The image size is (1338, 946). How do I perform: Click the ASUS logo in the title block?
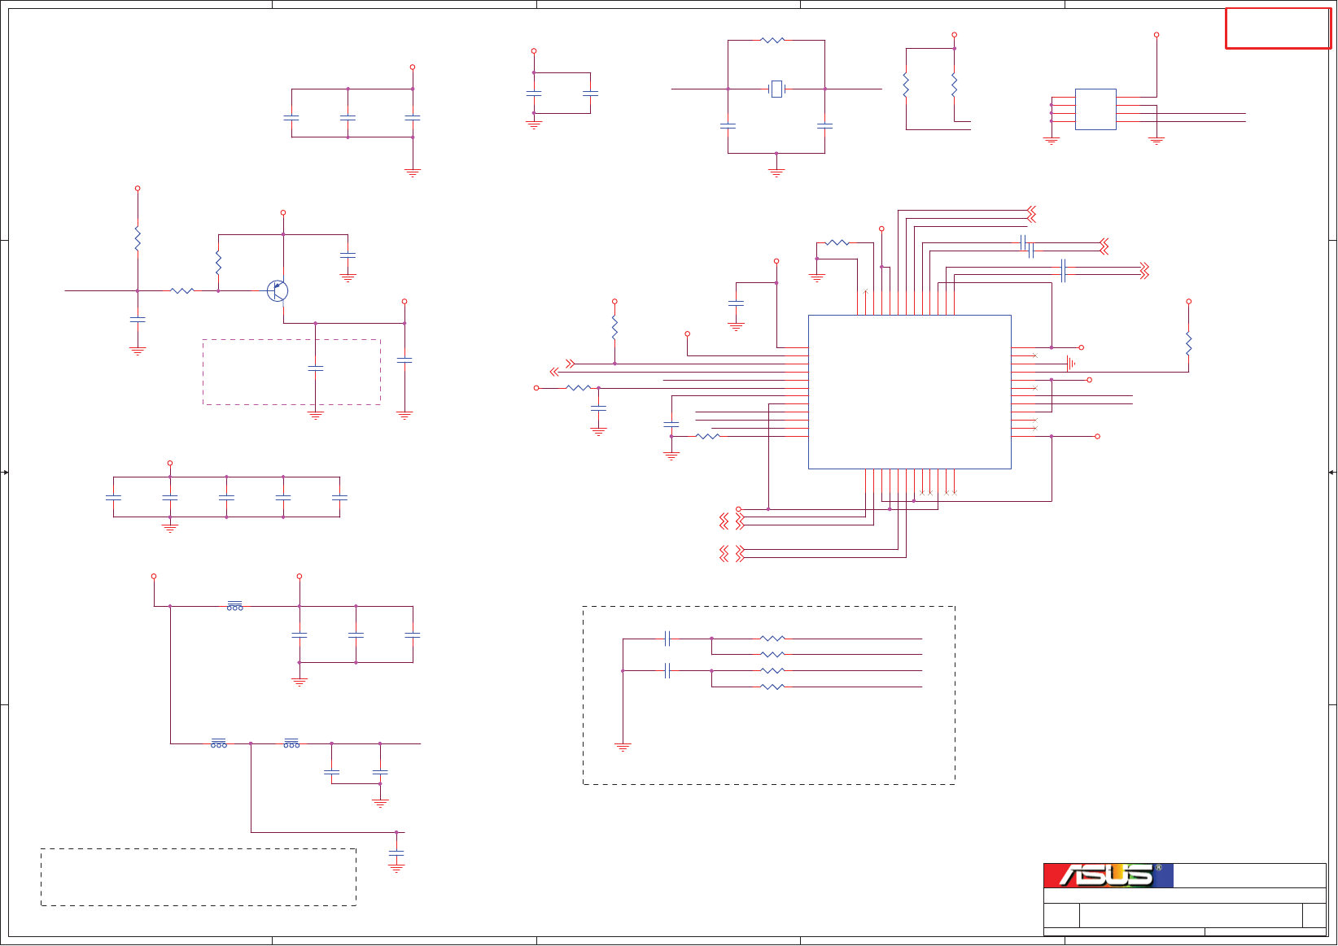point(1107,875)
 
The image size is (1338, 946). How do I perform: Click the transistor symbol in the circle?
point(278,290)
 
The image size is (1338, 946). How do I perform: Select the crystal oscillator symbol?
point(776,89)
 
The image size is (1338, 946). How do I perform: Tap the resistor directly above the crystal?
point(772,40)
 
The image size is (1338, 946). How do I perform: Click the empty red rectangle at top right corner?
point(1278,28)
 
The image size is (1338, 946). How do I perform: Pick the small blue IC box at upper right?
point(1095,109)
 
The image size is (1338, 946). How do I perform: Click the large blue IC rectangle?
point(909,391)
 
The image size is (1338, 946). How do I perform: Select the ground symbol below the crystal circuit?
point(776,172)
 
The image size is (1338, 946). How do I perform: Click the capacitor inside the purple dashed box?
point(316,368)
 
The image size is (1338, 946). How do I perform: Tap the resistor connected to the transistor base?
point(182,290)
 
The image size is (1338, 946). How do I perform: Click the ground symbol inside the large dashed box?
point(623,747)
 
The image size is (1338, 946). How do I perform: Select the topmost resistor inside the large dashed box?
point(772,639)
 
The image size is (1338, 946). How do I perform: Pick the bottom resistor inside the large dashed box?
point(772,687)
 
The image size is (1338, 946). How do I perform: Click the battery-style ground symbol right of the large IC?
point(1071,364)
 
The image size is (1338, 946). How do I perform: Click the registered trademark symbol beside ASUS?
point(1158,868)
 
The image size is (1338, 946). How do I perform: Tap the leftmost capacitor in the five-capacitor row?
point(113,497)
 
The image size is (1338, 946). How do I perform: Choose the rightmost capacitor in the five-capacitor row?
point(339,497)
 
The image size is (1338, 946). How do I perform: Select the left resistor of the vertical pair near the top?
point(906,85)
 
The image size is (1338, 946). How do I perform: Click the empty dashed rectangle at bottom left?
point(199,877)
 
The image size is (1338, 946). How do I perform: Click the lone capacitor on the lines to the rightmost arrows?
point(1063,270)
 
